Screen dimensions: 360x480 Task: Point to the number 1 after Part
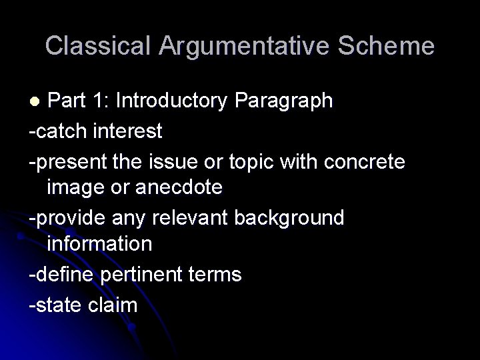[x=99, y=101]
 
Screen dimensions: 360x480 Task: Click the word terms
[x=213, y=274]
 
